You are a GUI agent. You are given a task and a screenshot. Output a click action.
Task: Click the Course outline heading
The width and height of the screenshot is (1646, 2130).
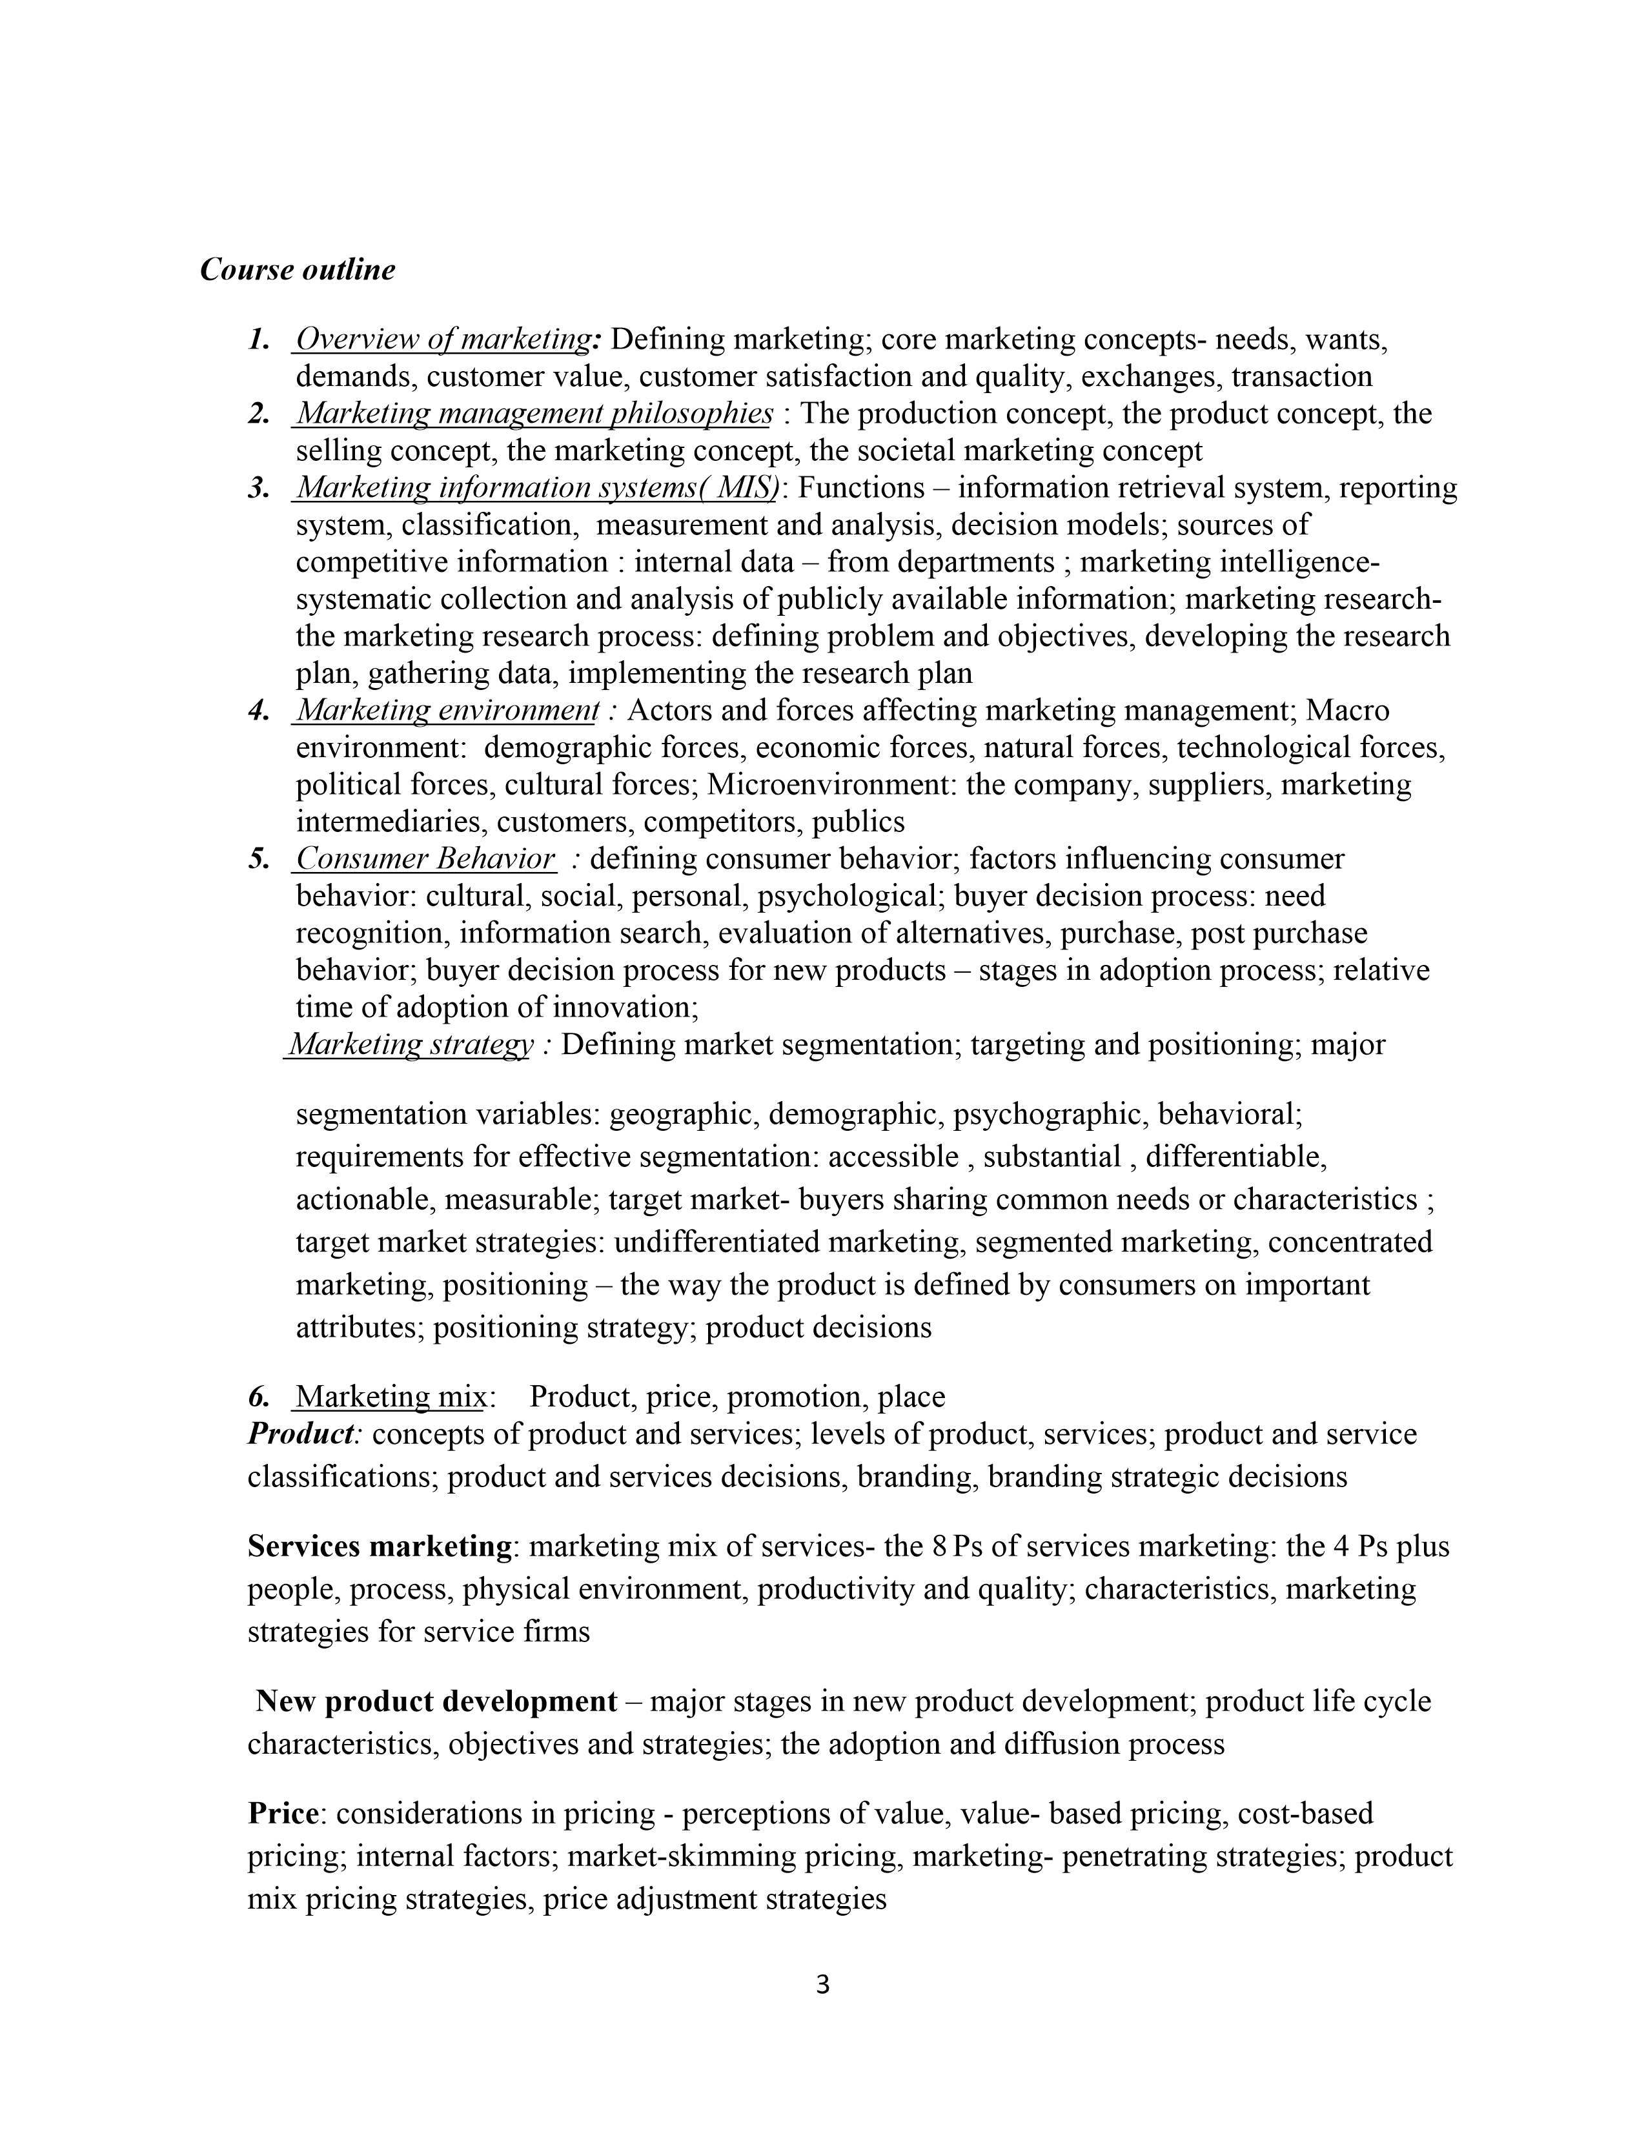pyautogui.click(x=298, y=270)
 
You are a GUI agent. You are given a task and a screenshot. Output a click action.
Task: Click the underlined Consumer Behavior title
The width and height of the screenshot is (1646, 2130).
pyautogui.click(x=425, y=859)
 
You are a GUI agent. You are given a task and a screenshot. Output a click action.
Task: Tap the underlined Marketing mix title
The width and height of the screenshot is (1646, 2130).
pyautogui.click(x=390, y=1397)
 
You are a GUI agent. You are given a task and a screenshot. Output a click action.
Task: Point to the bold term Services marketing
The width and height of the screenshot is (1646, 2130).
pyautogui.click(x=380, y=1547)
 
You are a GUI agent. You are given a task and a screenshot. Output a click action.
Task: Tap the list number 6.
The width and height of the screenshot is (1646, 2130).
pyautogui.click(x=258, y=1397)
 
